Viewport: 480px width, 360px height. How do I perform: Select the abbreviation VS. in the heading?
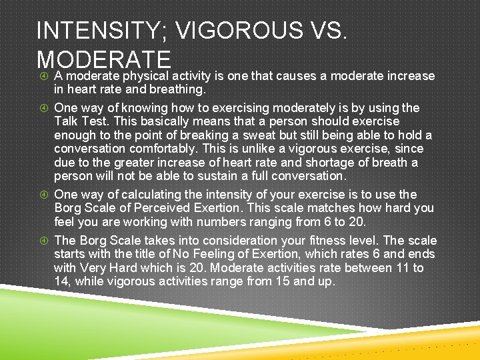(x=325, y=31)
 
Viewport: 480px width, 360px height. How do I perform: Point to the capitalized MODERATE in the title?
(x=105, y=58)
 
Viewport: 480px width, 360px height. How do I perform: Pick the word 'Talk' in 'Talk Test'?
(x=67, y=121)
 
